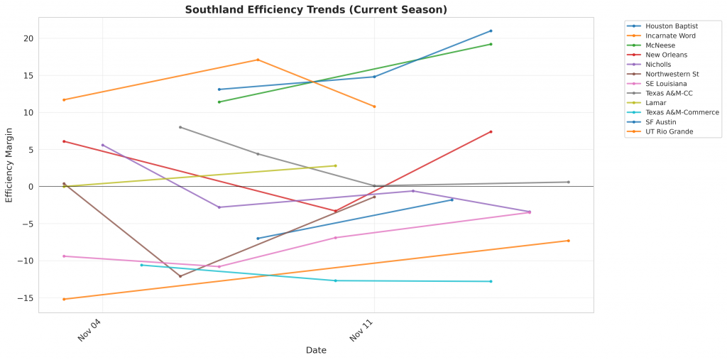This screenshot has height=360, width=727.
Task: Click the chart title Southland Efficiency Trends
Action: click(316, 9)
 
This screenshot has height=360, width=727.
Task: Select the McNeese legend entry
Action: click(660, 45)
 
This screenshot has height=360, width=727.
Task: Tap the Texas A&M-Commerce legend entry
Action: click(682, 112)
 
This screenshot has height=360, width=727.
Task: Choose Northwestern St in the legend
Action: click(672, 74)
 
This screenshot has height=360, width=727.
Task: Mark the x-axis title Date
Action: click(316, 350)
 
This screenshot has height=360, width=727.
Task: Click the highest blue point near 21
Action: click(491, 31)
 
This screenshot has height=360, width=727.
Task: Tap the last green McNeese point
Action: click(491, 44)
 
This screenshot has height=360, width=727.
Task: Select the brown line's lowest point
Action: click(180, 276)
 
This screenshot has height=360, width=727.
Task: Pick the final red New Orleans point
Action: click(491, 131)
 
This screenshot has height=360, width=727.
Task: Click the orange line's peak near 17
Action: click(258, 60)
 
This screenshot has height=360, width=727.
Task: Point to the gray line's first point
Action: click(180, 127)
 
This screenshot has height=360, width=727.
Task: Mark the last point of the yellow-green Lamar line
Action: click(335, 165)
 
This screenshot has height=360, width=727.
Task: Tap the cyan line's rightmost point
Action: click(491, 281)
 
